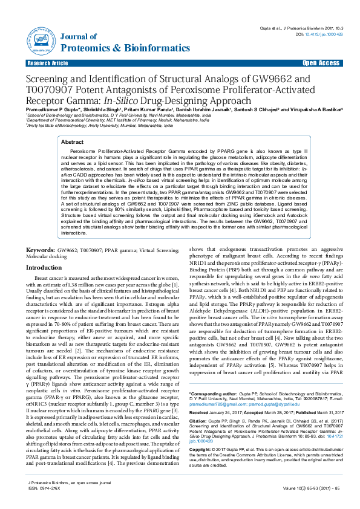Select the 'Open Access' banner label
[321, 63]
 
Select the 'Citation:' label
[200, 424]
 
